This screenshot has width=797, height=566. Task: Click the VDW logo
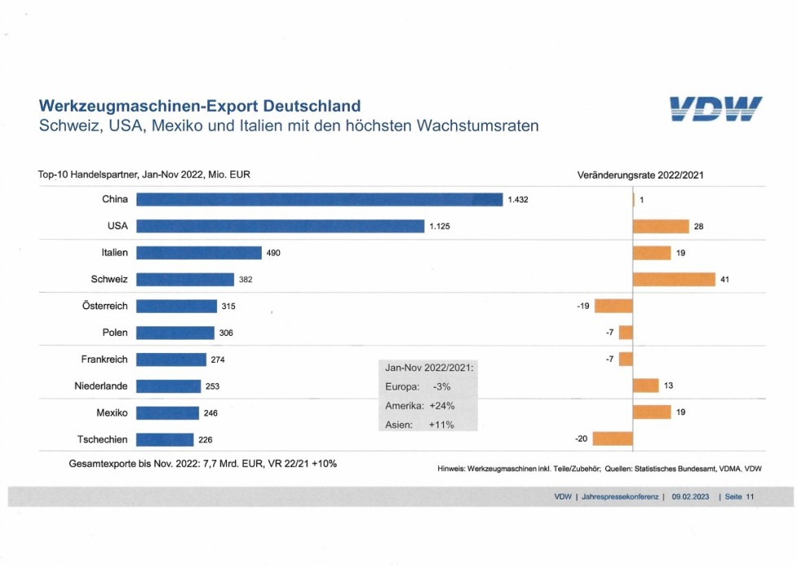pyautogui.click(x=716, y=111)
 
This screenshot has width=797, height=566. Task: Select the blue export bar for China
pyautogui.click(x=319, y=199)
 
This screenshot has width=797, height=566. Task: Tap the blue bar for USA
pyautogui.click(x=280, y=226)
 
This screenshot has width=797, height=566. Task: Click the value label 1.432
pyautogui.click(x=518, y=199)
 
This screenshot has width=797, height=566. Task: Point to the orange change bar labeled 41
pyautogui.click(x=673, y=280)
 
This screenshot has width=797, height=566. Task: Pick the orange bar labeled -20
pyautogui.click(x=612, y=439)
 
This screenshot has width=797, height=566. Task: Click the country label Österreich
pyautogui.click(x=104, y=306)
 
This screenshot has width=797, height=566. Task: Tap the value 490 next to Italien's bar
pyautogui.click(x=273, y=253)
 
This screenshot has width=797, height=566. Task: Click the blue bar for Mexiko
pyautogui.click(x=168, y=413)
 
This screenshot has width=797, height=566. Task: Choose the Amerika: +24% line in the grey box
pyautogui.click(x=420, y=405)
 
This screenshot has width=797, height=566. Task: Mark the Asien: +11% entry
pyautogui.click(x=420, y=424)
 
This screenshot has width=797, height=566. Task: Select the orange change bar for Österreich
pyautogui.click(x=613, y=306)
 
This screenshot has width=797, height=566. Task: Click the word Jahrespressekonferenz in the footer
pyautogui.click(x=621, y=496)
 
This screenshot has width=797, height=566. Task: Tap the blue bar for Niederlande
pyautogui.click(x=168, y=386)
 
